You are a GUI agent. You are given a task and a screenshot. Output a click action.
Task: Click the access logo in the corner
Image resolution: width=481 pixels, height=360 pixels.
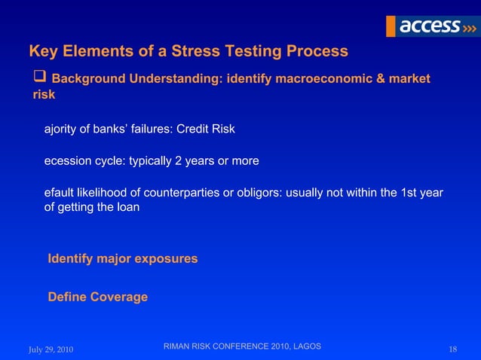point(430,26)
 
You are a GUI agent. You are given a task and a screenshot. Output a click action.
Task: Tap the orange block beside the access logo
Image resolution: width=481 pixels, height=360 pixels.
point(391,26)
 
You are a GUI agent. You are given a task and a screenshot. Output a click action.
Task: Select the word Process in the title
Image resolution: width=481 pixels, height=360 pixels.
point(317,52)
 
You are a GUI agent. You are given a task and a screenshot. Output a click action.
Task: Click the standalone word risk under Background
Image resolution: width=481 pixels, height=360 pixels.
point(44,96)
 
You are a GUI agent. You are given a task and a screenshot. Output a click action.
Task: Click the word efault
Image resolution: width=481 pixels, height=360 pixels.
point(60,193)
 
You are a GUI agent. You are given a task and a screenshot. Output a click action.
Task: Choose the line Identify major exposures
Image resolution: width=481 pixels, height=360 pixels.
point(122,259)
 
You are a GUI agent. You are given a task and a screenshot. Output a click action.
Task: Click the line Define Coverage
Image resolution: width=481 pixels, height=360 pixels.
point(97,297)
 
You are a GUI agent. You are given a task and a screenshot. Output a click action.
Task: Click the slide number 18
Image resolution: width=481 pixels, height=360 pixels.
point(452,349)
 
